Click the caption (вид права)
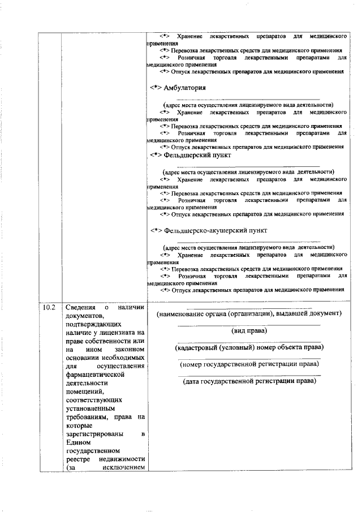click(x=249, y=330)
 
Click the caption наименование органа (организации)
click(x=249, y=313)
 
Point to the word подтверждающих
click(x=92, y=326)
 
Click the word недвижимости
click(x=121, y=460)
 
